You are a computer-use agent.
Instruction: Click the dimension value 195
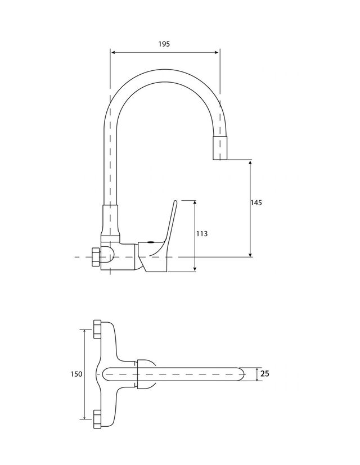(164, 43)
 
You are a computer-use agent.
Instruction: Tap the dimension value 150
(77, 374)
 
